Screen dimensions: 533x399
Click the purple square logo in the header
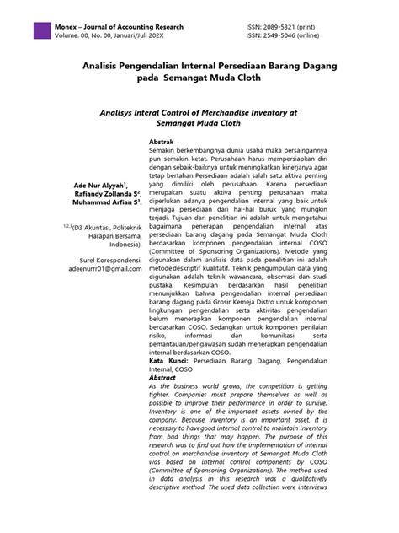point(41,30)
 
